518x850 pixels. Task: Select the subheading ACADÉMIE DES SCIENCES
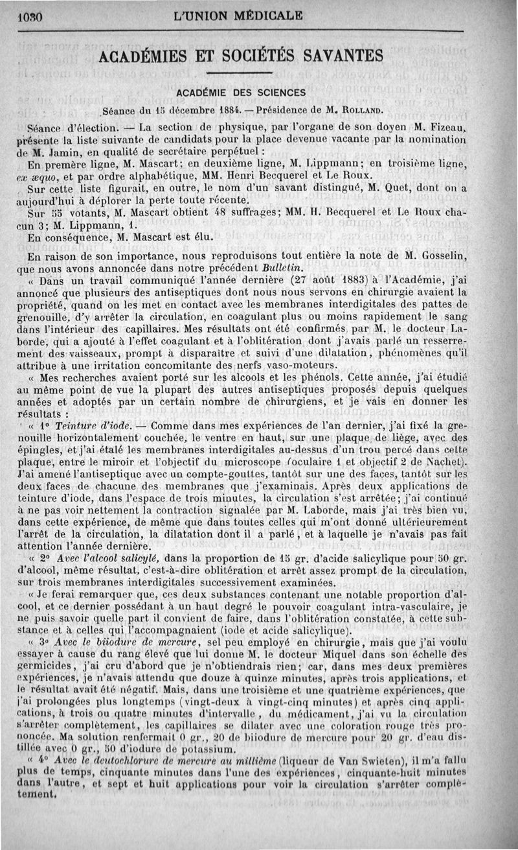pos(242,92)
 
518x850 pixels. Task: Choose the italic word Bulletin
pos(350,266)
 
